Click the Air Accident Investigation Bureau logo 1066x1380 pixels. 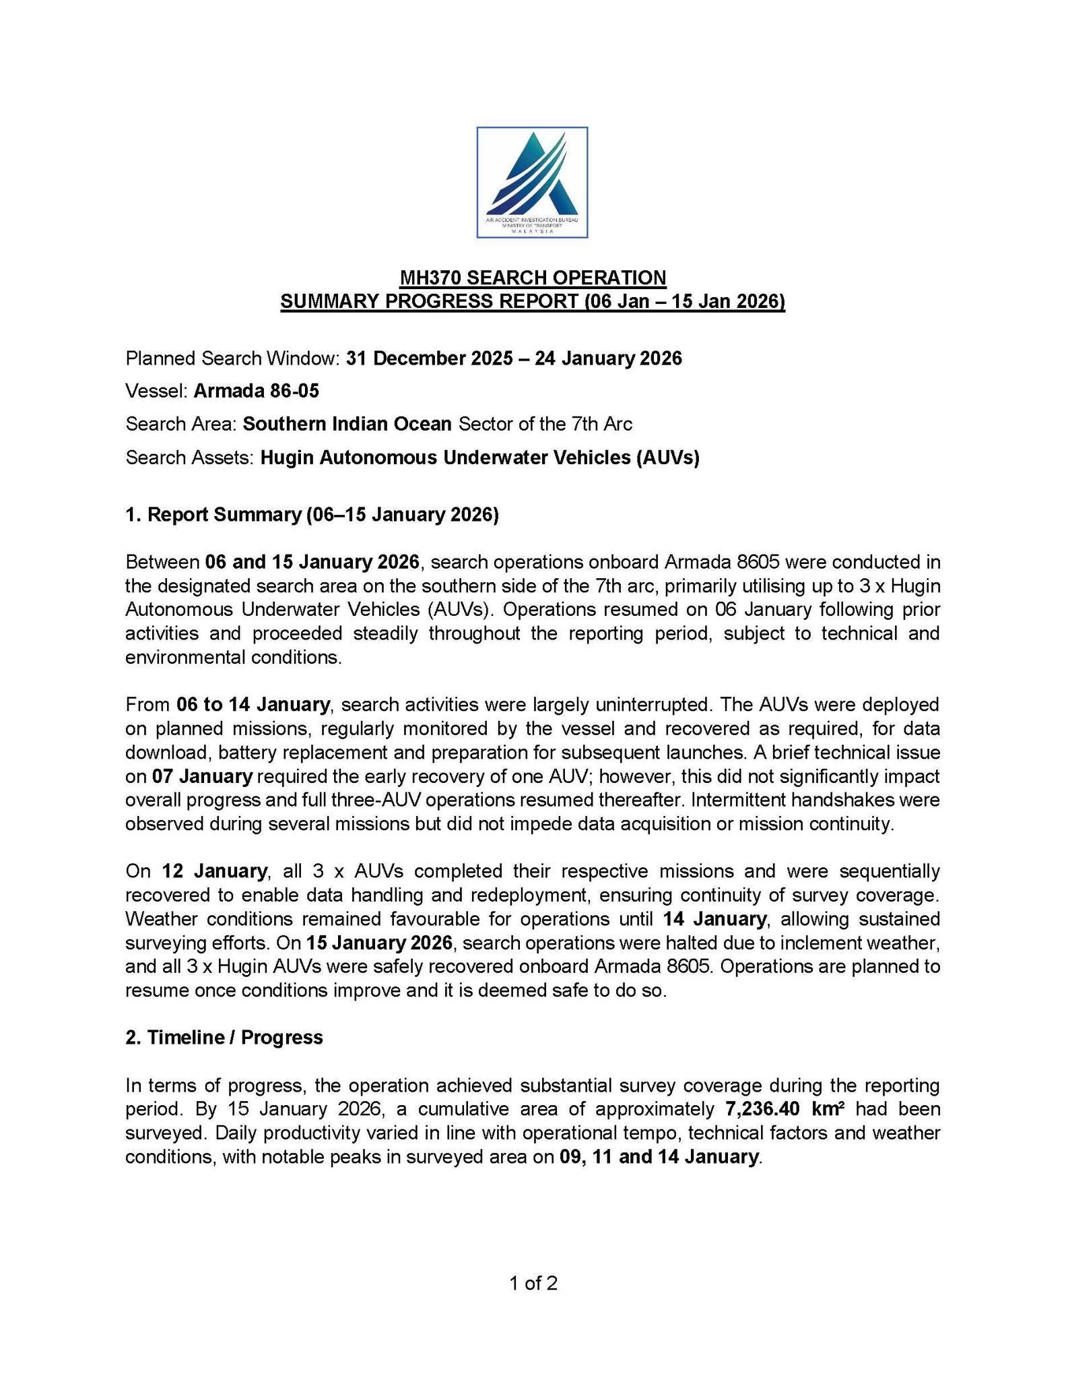coord(532,182)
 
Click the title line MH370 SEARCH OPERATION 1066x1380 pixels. coord(532,278)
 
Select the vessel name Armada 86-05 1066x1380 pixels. coord(256,391)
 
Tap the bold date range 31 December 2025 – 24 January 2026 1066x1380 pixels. coord(514,358)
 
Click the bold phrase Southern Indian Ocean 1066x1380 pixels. coord(347,424)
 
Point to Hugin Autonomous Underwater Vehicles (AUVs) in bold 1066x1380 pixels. coord(479,458)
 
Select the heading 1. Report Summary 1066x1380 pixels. coord(312,514)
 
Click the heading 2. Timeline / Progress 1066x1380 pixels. coord(224,1037)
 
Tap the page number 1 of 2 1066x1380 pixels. coord(533,1283)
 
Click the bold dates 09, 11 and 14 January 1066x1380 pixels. coord(659,1156)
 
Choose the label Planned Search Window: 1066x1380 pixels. coord(232,358)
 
